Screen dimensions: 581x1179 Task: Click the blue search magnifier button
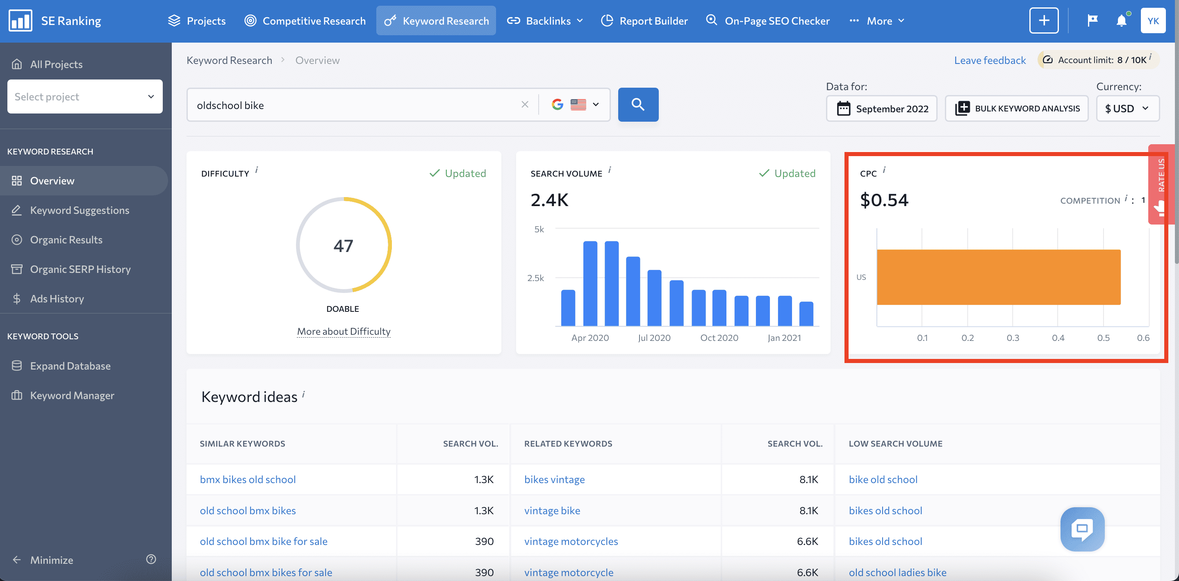pos(638,105)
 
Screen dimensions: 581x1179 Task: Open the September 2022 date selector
pos(881,109)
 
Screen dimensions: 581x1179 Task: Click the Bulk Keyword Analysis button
pos(1017,109)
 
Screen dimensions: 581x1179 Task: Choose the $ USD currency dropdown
pos(1127,109)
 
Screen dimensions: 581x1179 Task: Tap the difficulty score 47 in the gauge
pos(343,246)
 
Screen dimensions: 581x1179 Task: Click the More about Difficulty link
pos(344,331)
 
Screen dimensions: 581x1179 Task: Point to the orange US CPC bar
pos(998,277)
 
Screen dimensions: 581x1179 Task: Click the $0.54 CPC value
pos(884,200)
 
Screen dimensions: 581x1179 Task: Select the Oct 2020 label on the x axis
pos(719,338)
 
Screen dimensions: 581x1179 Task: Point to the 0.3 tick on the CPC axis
pos(1013,338)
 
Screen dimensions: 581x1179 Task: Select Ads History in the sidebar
pos(57,299)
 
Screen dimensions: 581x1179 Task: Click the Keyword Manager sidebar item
pos(72,395)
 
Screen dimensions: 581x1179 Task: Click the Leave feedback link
pos(990,60)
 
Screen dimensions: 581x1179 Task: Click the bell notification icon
pos(1121,20)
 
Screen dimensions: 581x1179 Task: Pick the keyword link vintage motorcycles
pos(571,541)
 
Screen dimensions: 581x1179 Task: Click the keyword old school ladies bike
pos(897,572)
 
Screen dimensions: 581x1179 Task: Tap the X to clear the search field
pos(524,105)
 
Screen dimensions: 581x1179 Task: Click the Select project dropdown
pos(85,97)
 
